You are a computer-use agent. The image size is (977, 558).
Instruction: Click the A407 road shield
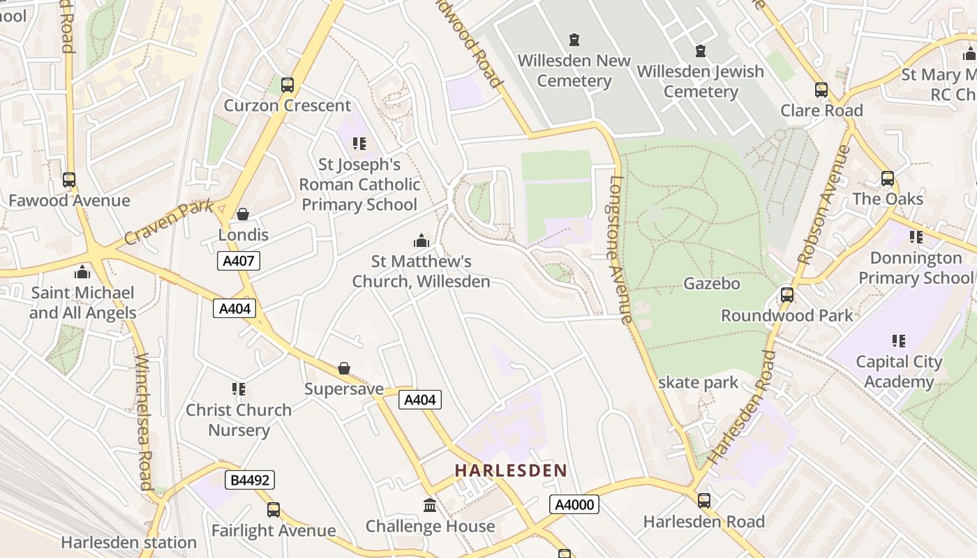pyautogui.click(x=239, y=261)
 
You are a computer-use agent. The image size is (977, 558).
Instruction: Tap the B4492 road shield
pyautogui.click(x=250, y=480)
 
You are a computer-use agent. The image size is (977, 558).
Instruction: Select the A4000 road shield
pyautogui.click(x=574, y=504)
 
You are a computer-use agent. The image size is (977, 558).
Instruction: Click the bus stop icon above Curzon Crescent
pyautogui.click(x=287, y=85)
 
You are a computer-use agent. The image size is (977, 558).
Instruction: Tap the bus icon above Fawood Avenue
pyautogui.click(x=68, y=180)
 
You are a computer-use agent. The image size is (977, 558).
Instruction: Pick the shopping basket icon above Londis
pyautogui.click(x=243, y=214)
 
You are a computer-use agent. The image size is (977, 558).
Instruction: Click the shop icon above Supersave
pyautogui.click(x=343, y=368)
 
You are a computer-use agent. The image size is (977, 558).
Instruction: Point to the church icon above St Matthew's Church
pyautogui.click(x=421, y=241)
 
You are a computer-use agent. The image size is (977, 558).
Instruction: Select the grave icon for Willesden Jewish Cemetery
pyautogui.click(x=700, y=51)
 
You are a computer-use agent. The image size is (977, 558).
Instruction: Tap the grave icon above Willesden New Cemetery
pyautogui.click(x=574, y=40)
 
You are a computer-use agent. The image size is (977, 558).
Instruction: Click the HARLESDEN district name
pyautogui.click(x=511, y=471)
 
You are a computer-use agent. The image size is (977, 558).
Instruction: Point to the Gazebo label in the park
pyautogui.click(x=711, y=284)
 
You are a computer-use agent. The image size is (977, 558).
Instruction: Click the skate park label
pyautogui.click(x=698, y=382)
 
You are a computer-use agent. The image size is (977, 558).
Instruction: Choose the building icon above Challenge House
pyautogui.click(x=430, y=506)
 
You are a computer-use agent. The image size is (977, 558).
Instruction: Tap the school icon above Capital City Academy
pyautogui.click(x=898, y=341)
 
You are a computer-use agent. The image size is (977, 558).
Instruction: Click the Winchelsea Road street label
pyautogui.click(x=143, y=422)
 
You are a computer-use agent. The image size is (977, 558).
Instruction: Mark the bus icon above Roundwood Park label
pyautogui.click(x=786, y=295)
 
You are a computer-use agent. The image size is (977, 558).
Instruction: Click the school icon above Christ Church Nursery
pyautogui.click(x=239, y=389)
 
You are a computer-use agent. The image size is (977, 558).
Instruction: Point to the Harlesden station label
pyautogui.click(x=128, y=542)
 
